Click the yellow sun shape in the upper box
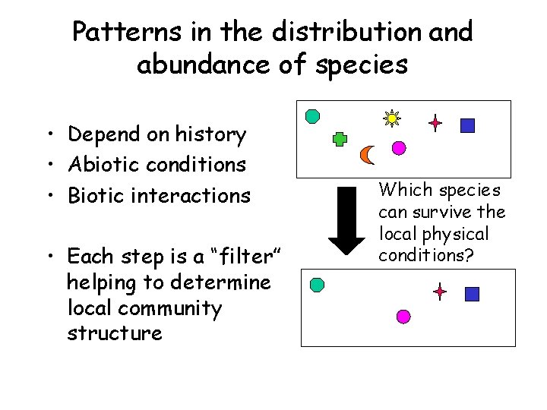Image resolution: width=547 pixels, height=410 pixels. click(x=392, y=118)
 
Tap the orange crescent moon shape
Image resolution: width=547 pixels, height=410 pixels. click(x=368, y=155)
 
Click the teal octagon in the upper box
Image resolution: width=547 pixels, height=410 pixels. click(x=311, y=116)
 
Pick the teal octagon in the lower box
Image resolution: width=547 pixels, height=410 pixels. click(x=317, y=285)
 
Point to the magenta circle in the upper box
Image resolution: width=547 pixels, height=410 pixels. click(x=397, y=147)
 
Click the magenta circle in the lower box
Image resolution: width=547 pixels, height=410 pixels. click(x=403, y=316)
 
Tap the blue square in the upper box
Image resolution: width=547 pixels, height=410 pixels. click(x=467, y=125)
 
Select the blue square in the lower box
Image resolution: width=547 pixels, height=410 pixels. click(x=472, y=294)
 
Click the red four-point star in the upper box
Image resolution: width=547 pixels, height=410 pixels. click(x=435, y=123)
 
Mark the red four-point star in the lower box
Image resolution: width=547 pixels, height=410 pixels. click(x=440, y=291)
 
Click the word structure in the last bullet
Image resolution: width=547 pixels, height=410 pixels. click(x=115, y=333)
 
